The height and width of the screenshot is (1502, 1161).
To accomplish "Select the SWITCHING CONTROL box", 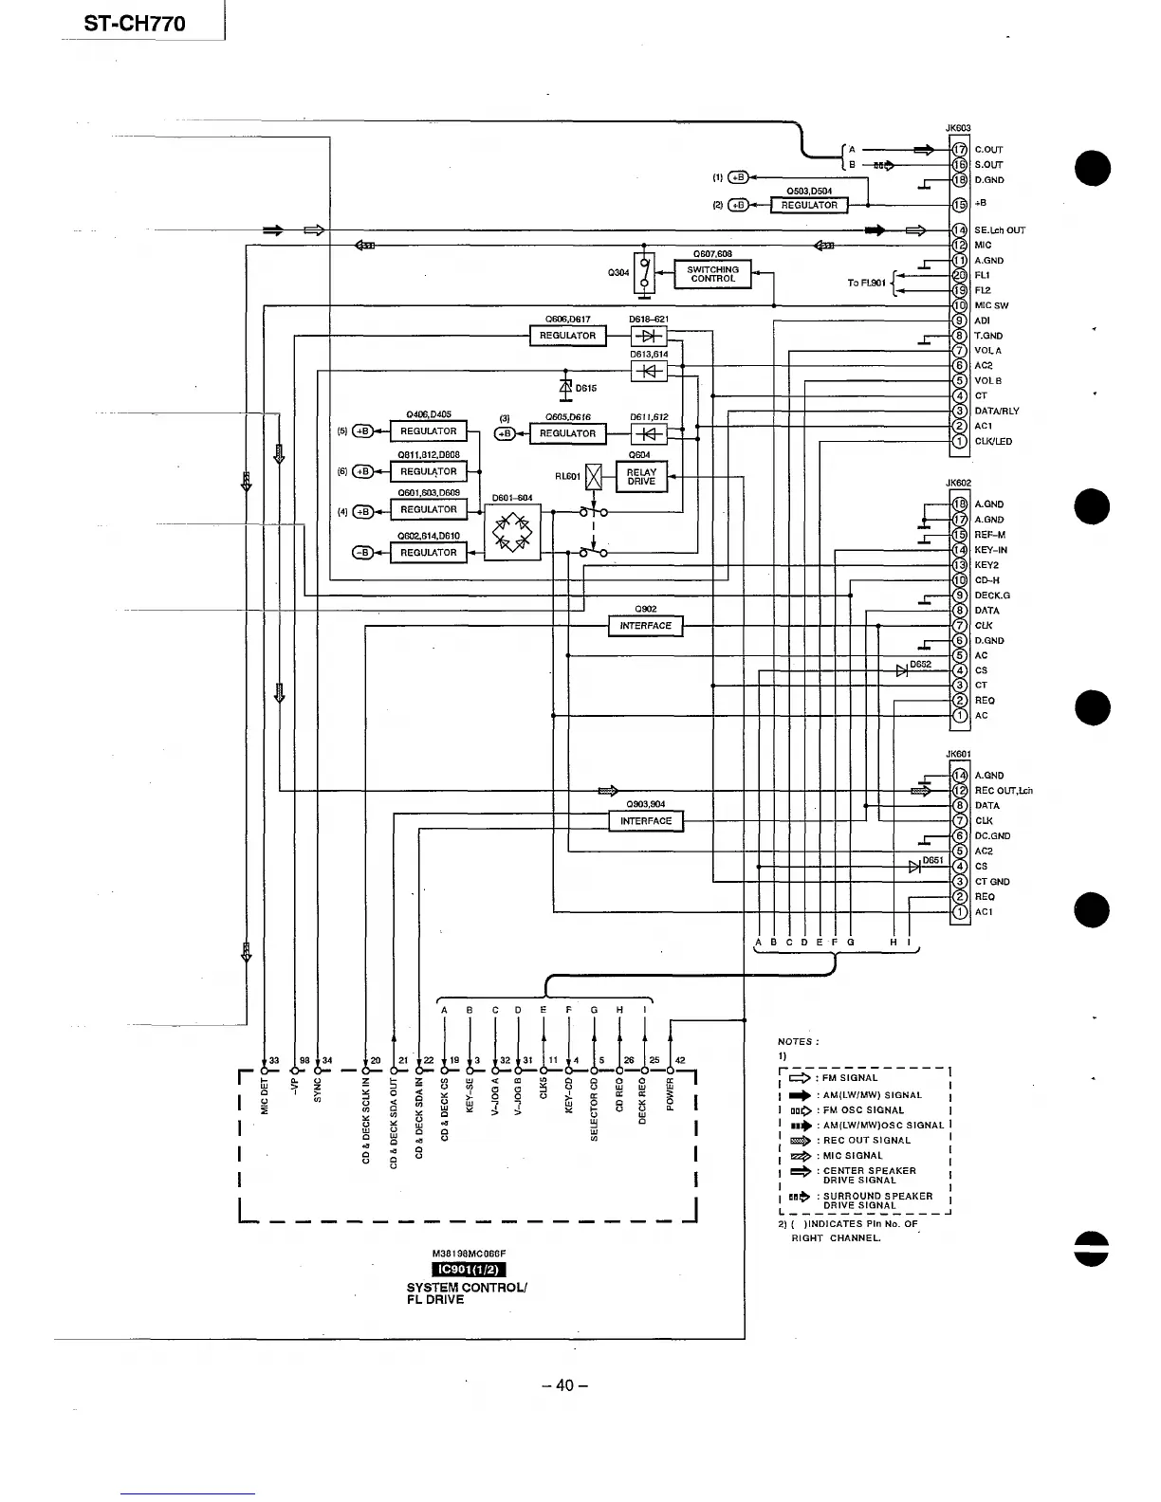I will [712, 275].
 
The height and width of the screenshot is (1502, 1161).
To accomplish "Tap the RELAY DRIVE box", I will [641, 477].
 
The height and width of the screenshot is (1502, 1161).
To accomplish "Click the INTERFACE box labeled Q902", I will [645, 626].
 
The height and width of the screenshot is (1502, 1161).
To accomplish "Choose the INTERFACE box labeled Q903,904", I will [645, 821].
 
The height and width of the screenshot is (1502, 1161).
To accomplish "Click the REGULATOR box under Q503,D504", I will [809, 205].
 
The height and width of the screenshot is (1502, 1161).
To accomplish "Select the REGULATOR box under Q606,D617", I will [567, 336].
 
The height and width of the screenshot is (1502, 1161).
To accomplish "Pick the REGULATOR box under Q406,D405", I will [429, 431].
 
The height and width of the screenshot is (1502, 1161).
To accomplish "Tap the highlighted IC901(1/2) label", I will [470, 1271].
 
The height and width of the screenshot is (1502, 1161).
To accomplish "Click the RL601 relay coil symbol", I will [595, 477].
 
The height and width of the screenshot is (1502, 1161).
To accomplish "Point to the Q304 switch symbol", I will [645, 274].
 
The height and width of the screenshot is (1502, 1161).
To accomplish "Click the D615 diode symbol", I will [566, 387].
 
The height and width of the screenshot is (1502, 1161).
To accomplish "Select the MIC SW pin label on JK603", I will [991, 306].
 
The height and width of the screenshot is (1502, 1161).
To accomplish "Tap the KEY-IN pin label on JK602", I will [990, 550].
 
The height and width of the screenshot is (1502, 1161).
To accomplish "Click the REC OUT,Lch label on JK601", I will [1003, 791].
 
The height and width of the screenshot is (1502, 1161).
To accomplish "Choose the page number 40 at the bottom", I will [565, 1385].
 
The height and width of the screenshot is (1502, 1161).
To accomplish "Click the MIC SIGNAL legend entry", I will [853, 1156].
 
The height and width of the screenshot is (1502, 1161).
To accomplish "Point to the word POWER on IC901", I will [671, 1096].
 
